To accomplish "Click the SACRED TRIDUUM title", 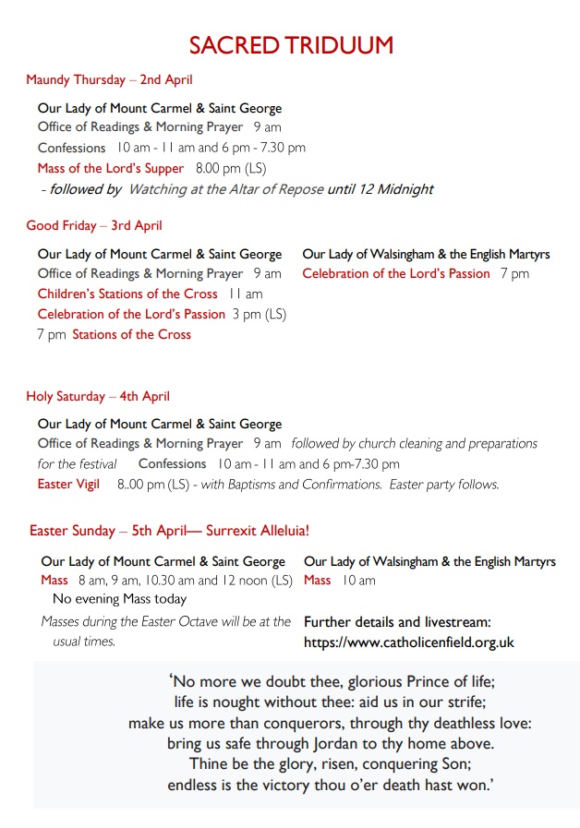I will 291,45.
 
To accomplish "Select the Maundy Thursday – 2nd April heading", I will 109,80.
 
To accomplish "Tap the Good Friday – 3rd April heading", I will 93,225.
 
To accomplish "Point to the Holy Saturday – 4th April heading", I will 97,397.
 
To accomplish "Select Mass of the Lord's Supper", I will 111,169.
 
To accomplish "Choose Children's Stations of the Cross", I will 127,294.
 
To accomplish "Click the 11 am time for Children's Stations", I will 246,294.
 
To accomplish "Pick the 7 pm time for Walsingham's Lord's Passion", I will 514,274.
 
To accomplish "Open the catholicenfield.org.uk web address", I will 408,642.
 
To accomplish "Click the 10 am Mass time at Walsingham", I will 358,581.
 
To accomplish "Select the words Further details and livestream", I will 397,622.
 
